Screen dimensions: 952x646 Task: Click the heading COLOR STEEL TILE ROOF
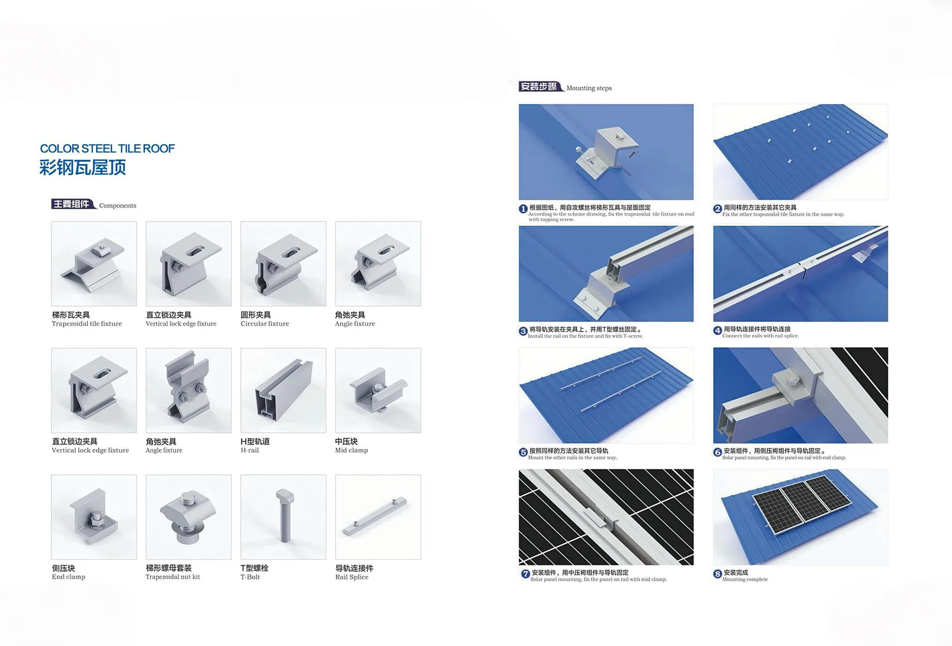[x=107, y=148]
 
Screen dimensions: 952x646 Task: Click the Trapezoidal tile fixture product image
[x=94, y=264]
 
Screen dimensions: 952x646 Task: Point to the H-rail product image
[x=283, y=390]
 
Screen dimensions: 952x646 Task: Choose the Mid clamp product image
[x=378, y=390]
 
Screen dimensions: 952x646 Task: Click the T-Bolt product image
[x=283, y=517]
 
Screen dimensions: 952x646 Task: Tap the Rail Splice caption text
[x=352, y=577]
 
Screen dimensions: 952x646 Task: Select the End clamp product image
[x=94, y=517]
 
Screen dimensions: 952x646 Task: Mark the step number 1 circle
[x=523, y=209]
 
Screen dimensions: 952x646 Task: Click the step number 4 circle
[x=718, y=330]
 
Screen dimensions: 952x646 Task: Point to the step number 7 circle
[x=526, y=574]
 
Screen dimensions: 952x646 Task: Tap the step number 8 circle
[x=718, y=574]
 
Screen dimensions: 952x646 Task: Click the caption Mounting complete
[x=745, y=579]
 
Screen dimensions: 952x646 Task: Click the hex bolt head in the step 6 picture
[x=793, y=381]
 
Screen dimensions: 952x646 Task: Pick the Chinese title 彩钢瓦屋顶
[x=83, y=167]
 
